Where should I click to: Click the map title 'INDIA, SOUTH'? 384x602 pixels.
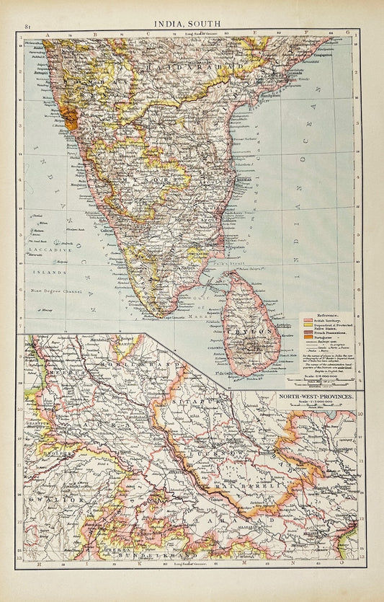[192, 21]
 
